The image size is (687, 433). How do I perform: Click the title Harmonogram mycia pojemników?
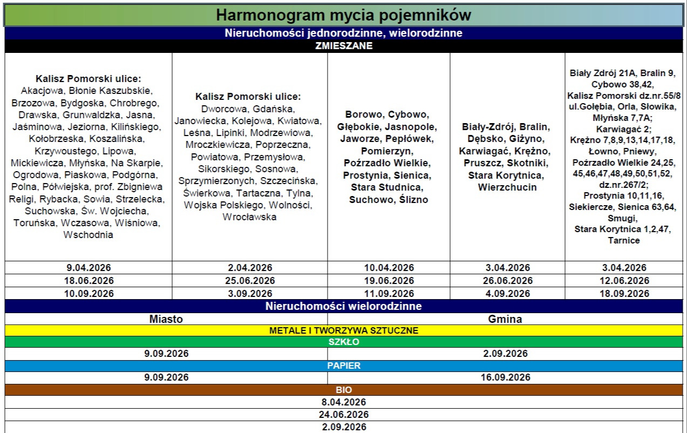coord(343,15)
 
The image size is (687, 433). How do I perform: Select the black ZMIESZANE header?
coord(343,46)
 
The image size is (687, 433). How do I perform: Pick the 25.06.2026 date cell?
coord(250,281)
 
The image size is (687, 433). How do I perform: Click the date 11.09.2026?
coord(389,294)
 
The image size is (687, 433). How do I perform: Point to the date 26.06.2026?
coord(507,281)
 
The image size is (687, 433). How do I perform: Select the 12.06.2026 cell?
coord(624,281)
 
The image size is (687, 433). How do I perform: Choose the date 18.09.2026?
coord(624,294)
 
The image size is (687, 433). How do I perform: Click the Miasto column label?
coord(166,319)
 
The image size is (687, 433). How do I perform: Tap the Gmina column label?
coord(505,319)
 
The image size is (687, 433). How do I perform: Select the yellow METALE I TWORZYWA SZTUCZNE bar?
coord(343,330)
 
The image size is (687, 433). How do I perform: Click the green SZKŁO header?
coord(343,342)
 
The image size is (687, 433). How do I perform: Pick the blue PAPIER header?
coord(343,366)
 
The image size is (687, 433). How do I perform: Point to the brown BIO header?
coord(343,389)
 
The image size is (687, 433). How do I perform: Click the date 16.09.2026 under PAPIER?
coord(505,377)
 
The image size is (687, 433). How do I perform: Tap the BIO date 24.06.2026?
coord(343,415)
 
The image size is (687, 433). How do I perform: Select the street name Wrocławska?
coord(249,217)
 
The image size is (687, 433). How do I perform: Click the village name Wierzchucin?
coord(507,187)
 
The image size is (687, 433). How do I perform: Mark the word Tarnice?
coord(623,240)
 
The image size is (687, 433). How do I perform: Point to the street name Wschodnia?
coord(88,235)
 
